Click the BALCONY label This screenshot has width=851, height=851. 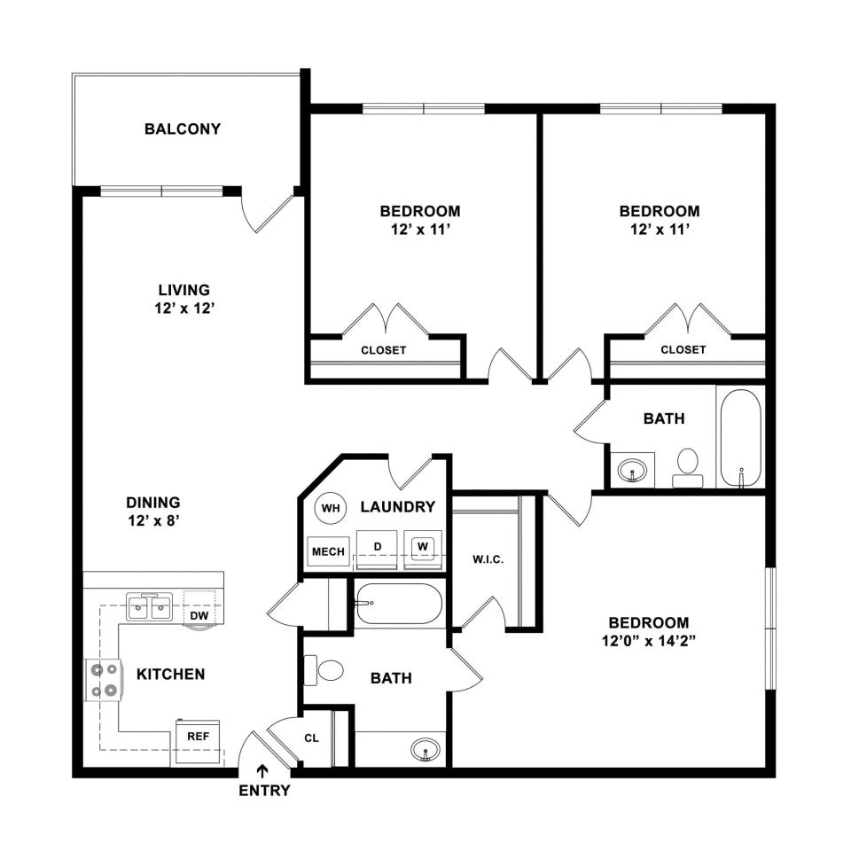tap(183, 129)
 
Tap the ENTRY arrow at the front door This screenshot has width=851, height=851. tap(262, 771)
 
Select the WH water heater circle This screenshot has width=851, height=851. tap(331, 508)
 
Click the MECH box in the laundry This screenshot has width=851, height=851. tap(328, 551)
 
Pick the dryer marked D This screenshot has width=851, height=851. tap(378, 550)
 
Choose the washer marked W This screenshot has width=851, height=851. tap(423, 550)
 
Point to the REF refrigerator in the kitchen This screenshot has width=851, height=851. tap(198, 742)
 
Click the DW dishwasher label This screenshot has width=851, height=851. tap(199, 615)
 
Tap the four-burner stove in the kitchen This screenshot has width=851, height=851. tap(103, 680)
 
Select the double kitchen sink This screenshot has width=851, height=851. tap(149, 606)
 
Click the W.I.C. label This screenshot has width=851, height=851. tap(488, 559)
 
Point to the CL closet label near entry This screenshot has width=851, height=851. tap(311, 738)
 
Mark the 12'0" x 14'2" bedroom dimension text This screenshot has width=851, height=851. tap(649, 641)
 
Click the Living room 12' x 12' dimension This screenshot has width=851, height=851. tap(184, 308)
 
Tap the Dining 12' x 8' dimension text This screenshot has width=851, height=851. tap(153, 521)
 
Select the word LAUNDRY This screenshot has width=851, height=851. tap(398, 507)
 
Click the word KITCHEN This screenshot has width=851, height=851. tap(170, 674)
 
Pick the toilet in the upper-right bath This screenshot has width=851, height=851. tap(688, 467)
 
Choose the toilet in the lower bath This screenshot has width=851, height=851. tap(324, 670)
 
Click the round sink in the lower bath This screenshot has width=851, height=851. tap(425, 751)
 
